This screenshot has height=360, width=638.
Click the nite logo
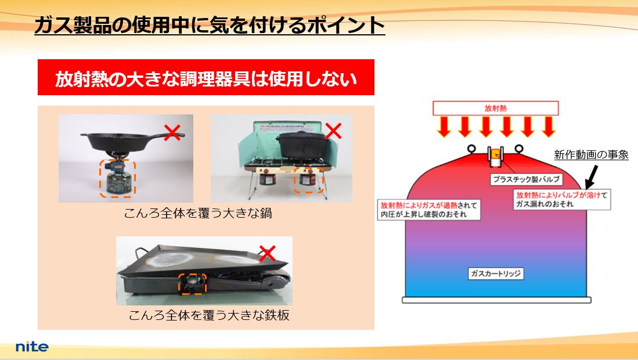point(32,347)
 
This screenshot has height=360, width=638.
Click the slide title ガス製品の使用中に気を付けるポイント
point(210,25)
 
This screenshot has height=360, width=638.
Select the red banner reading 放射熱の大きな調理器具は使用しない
point(206,77)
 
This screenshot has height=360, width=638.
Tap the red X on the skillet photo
point(172,132)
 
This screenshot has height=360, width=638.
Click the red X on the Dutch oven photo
point(333,131)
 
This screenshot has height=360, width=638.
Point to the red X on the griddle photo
point(267,253)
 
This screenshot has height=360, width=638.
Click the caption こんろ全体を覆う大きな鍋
point(198,213)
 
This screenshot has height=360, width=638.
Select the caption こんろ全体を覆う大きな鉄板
point(209,315)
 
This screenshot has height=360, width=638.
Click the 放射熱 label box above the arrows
point(496,108)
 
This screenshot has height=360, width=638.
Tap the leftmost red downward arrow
point(444,127)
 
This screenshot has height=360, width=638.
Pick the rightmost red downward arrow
point(548,127)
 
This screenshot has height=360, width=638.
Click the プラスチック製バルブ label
point(526,179)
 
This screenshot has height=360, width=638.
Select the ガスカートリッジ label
point(496,273)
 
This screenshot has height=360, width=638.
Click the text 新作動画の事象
point(591,154)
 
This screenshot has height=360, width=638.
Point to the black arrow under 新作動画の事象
point(591,176)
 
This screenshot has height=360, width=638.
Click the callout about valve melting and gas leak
point(562,199)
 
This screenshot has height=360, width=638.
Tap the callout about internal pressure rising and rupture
point(429,210)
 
